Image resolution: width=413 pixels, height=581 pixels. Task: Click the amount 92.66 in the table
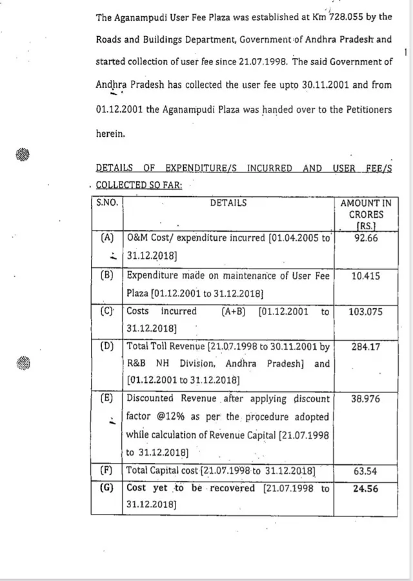coord(365,238)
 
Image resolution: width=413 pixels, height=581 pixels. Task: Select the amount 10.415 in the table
coord(365,276)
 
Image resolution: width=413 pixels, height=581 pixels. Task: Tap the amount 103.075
coord(365,311)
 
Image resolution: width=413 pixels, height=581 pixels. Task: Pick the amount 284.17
coord(365,347)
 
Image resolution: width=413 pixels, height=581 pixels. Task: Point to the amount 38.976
coord(365,399)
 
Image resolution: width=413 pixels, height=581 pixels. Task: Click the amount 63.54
coord(365,471)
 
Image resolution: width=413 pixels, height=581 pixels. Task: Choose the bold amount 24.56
coord(365,489)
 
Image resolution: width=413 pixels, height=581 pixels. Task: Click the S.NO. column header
coord(107,203)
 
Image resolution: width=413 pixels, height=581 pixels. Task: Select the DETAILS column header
coord(228,203)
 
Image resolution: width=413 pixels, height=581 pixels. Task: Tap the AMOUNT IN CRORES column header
coord(365,214)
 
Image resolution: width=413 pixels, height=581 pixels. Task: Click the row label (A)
coord(107,238)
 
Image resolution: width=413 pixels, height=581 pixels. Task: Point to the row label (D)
coord(107,347)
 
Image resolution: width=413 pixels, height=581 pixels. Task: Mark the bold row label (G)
coord(107,488)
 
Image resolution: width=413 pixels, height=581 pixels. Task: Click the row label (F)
coord(107,471)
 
